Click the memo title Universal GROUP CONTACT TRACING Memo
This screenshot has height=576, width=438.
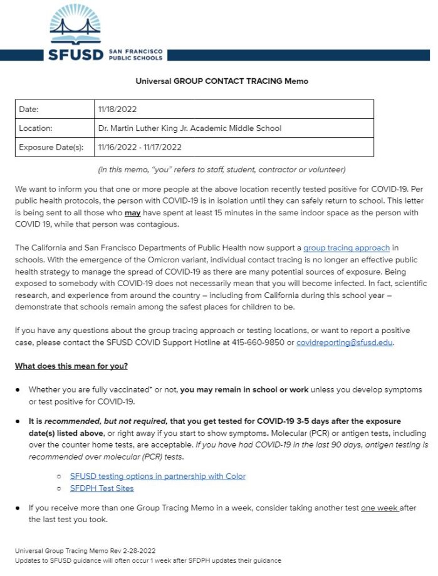(x=222, y=81)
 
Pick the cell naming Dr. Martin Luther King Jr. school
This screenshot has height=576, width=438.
(x=189, y=128)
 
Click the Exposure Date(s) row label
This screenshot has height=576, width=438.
(x=51, y=147)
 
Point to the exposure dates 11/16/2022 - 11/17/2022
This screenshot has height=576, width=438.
(x=140, y=147)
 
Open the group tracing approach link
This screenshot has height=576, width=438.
(x=347, y=248)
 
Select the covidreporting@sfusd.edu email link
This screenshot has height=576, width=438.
(x=344, y=342)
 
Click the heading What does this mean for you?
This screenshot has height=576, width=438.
(x=71, y=366)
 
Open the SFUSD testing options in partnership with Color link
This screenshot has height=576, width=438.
(x=157, y=476)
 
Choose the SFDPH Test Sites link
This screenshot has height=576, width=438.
(x=102, y=488)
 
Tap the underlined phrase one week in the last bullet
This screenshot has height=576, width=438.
(x=379, y=508)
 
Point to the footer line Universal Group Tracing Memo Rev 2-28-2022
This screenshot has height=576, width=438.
(x=85, y=551)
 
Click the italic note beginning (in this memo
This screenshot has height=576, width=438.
(x=222, y=170)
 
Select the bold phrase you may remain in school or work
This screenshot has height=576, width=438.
(x=244, y=389)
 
